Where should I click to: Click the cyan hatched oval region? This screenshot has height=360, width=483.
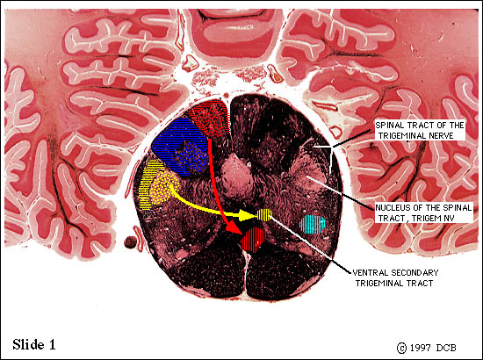coord(313,225)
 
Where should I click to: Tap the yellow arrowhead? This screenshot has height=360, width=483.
coord(248,216)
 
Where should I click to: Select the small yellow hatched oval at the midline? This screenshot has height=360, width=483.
coord(264,214)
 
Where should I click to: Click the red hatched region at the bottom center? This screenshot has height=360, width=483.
coord(254,240)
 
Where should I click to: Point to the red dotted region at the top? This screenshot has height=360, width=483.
coord(209,118)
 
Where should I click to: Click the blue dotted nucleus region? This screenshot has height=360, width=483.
coord(192,156)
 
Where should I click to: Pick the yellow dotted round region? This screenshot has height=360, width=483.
coord(165,188)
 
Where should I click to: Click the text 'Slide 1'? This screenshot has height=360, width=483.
coord(34,344)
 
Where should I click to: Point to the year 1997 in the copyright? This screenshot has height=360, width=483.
coord(420,348)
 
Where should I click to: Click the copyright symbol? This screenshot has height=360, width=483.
coord(401,348)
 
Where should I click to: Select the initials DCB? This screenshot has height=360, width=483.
coord(446,348)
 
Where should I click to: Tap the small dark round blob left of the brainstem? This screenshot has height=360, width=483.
coord(130,242)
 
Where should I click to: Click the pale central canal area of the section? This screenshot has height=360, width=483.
coord(236,177)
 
